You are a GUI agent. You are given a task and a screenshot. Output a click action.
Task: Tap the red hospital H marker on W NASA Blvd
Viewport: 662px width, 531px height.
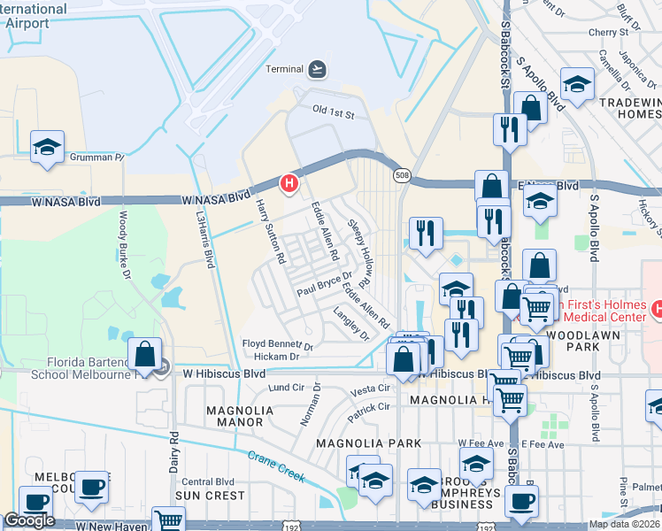tap(289, 183)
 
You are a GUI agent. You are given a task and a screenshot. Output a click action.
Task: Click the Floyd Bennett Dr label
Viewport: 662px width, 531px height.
tap(278, 343)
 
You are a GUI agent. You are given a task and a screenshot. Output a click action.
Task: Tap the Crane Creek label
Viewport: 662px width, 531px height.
tap(276, 466)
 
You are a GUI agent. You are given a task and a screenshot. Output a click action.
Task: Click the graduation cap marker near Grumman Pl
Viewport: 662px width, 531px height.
tap(47, 148)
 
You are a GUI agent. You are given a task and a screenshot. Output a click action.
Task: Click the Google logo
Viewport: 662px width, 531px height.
tap(29, 520)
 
